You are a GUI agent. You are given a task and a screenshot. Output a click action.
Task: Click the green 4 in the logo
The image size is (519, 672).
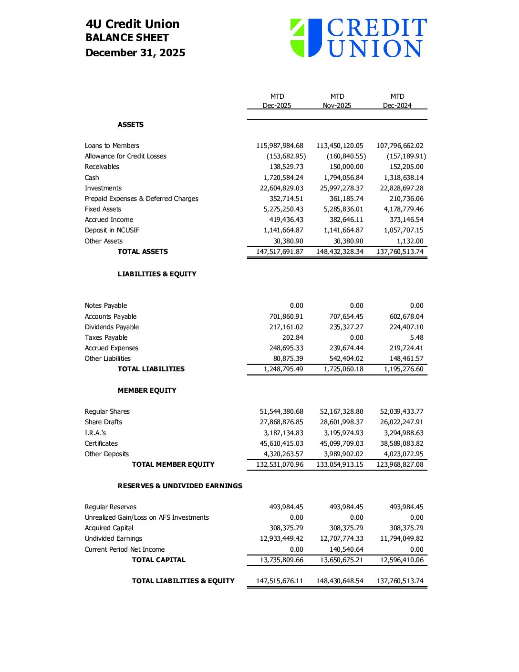point(298,37)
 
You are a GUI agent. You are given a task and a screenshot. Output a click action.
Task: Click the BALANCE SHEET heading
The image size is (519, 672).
point(127,38)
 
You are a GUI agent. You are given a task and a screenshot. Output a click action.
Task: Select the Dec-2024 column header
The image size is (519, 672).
point(397,105)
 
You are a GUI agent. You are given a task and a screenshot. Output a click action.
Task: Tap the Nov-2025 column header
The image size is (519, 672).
point(337,105)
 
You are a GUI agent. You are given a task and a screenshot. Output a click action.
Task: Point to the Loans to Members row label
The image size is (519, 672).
point(112,146)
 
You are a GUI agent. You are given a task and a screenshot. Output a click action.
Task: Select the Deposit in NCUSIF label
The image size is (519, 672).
point(112,230)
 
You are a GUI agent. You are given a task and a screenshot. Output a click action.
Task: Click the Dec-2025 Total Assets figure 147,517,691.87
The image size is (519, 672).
point(280,252)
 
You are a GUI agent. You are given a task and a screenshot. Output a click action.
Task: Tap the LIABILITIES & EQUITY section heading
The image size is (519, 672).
point(157,274)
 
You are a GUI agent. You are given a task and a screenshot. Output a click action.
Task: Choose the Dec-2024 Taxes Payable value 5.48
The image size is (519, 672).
point(416,337)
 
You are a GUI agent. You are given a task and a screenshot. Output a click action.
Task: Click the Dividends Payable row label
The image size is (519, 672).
point(112,327)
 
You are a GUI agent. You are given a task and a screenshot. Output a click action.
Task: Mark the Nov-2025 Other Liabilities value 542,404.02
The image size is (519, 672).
point(343,358)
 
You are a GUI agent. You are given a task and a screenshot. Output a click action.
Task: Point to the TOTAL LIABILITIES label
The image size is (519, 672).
point(151,369)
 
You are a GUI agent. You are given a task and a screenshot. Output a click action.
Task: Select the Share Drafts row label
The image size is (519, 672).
point(104,422)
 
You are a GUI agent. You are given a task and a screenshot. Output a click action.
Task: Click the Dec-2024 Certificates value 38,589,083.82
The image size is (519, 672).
point(402,443)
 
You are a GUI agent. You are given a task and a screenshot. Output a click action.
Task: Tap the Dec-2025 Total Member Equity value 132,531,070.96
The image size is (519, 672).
point(280,464)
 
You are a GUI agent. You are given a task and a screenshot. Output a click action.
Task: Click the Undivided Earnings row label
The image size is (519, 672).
point(114,538)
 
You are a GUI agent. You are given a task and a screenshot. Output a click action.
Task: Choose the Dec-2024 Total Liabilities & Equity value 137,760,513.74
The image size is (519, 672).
point(400,581)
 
